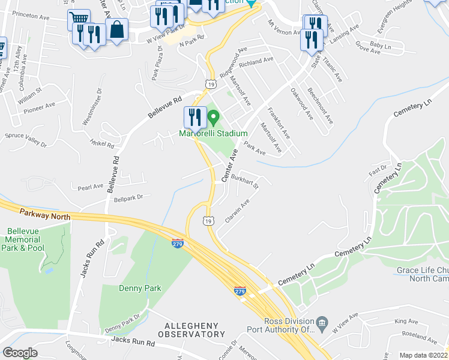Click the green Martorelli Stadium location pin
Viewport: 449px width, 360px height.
tap(211, 116)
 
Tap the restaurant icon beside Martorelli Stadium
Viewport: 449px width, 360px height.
tap(194, 117)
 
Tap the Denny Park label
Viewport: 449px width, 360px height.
tap(140, 288)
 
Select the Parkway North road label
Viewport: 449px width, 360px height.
tap(45, 214)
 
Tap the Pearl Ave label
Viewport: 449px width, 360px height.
tap(91, 187)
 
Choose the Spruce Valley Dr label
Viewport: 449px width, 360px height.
tap(25, 140)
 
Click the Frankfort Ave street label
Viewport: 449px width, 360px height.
tap(279, 122)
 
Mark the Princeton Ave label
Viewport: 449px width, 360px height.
tap(30, 14)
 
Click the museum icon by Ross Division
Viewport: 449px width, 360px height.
tap(321, 324)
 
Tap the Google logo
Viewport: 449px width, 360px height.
tap(20, 353)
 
